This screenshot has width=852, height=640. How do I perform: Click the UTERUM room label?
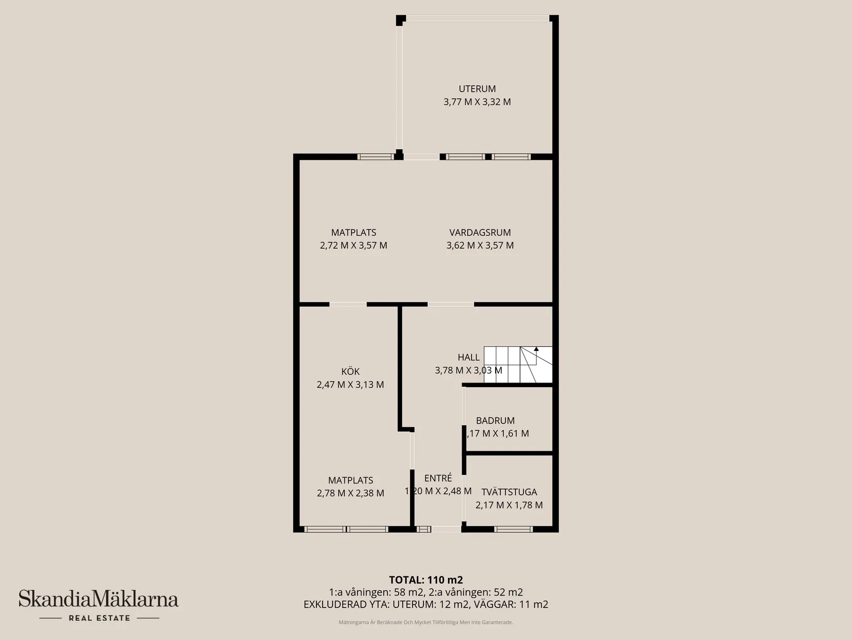[x=477, y=89]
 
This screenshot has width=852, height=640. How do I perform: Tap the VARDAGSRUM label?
[x=480, y=233]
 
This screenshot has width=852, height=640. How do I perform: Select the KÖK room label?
[x=350, y=372]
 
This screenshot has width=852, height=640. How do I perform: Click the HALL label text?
[x=468, y=357]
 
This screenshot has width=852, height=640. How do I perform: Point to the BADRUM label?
[x=495, y=421]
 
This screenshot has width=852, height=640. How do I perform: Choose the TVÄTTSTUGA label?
[x=509, y=492]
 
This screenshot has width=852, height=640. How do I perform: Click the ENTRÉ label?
[x=438, y=478]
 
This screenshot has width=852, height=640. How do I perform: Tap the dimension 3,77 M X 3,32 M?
[x=477, y=102]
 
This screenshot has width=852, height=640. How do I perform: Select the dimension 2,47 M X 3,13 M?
[x=350, y=385]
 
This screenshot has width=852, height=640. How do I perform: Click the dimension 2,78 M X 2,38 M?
[x=350, y=493]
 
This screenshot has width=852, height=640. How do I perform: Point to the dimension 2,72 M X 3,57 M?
[x=353, y=246]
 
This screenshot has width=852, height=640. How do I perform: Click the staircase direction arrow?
[x=537, y=349]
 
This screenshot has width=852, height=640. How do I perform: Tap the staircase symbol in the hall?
[x=518, y=364]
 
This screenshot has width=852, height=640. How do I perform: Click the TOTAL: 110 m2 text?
[x=425, y=580]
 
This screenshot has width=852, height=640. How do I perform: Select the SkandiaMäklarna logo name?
[x=99, y=599]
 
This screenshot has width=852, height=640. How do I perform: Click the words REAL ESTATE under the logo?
[x=99, y=618]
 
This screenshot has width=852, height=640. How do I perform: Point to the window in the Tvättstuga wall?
[x=513, y=529]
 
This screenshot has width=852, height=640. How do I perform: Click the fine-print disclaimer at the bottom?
[x=425, y=622]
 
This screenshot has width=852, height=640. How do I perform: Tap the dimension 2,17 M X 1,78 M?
[x=509, y=505]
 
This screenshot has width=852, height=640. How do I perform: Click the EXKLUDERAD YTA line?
[x=425, y=604]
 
